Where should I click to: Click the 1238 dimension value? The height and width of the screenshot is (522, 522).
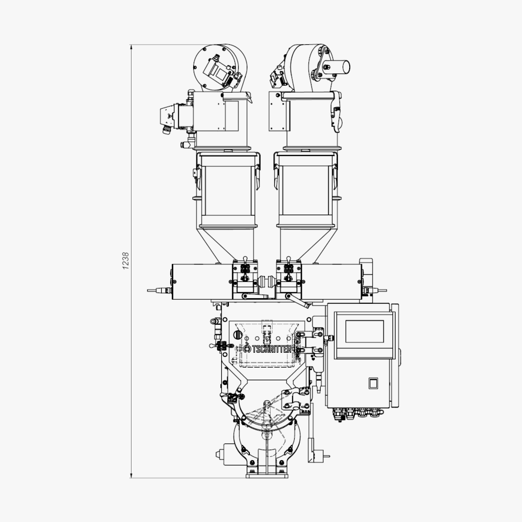point(125,260)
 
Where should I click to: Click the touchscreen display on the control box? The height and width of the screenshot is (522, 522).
point(364,331)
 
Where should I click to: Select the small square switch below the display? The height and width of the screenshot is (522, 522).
point(373,383)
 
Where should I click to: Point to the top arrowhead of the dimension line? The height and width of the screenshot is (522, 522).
point(131,47)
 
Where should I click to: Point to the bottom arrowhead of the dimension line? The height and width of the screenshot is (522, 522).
point(131,476)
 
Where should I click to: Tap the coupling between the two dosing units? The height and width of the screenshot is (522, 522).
point(267,281)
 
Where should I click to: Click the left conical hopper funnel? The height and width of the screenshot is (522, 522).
point(227,245)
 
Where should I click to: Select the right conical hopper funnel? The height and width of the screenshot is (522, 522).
point(305,245)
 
